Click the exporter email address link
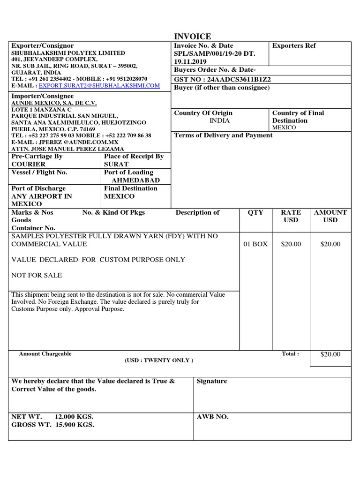pyautogui.click(x=99, y=86)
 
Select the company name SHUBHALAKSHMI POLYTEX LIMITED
pyautogui.click(x=68, y=53)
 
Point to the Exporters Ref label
pyautogui.click(x=294, y=46)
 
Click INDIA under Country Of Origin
pyautogui.click(x=219, y=120)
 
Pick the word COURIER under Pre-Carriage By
pyautogui.click(x=29, y=164)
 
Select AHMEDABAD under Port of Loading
pyautogui.click(x=135, y=180)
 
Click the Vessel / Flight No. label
pyautogui.click(x=39, y=172)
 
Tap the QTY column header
pyautogui.click(x=255, y=212)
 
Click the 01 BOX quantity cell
pyautogui.click(x=255, y=244)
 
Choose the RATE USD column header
pyautogui.click(x=291, y=216)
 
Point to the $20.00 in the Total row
pyautogui.click(x=330, y=354)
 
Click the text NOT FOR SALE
pyautogui.click(x=37, y=275)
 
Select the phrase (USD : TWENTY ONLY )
pyautogui.click(x=158, y=360)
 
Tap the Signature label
pyautogui.click(x=212, y=382)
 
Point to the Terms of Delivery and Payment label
pyautogui.click(x=223, y=135)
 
